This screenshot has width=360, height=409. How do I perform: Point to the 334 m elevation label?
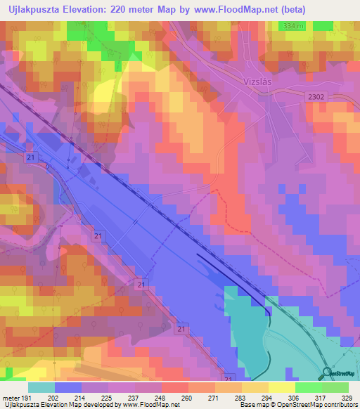[292, 26]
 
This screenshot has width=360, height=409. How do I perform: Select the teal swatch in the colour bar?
[41, 387]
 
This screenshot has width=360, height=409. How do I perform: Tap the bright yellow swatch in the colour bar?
[282, 387]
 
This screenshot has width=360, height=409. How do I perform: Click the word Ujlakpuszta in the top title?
[34, 9]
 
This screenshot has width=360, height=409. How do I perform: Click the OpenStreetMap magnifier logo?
[328, 373]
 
